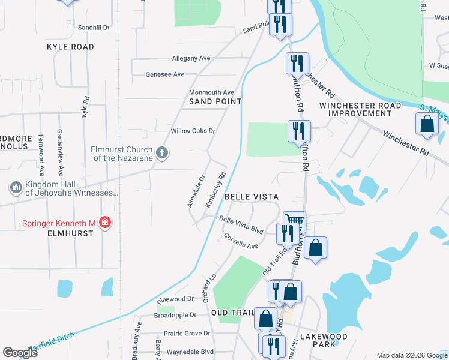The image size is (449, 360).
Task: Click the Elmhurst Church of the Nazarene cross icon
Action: point(161,152)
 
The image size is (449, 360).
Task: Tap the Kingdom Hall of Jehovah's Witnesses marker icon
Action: point(16,188)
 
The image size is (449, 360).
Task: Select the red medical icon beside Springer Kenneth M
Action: point(105,223)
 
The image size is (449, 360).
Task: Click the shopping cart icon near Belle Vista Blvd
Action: point(294,221)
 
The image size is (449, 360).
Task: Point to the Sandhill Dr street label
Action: point(94,28)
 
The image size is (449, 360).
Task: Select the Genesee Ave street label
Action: point(165,74)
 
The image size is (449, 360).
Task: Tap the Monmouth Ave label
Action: point(211,92)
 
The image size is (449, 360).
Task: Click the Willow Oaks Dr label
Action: point(193,131)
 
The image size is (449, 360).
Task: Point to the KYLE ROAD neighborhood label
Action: point(70,46)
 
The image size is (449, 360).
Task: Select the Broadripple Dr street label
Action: point(175,314)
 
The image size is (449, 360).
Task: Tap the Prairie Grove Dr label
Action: point(187,333)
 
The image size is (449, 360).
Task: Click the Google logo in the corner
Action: point(20,353)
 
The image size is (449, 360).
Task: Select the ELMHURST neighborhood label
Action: point(71,233)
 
